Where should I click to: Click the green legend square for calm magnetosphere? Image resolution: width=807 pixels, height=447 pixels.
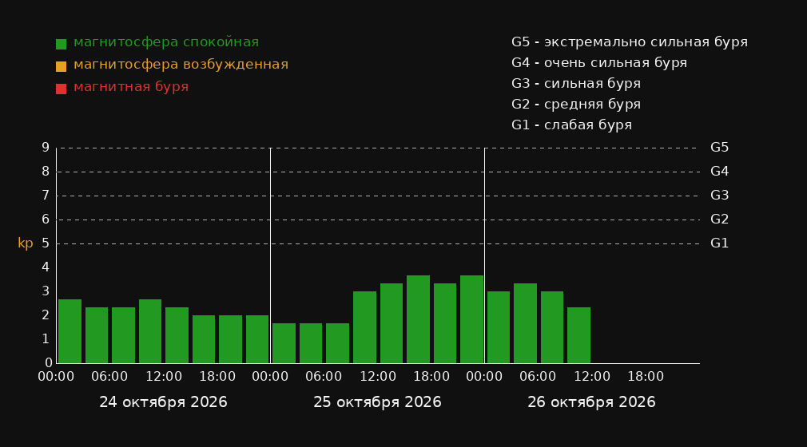[x=62, y=44]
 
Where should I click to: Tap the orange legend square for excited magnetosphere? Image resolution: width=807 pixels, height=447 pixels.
[x=62, y=66]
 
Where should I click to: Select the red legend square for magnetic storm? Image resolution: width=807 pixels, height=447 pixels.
[x=62, y=89]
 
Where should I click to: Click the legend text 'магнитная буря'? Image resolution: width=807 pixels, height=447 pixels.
[x=131, y=87]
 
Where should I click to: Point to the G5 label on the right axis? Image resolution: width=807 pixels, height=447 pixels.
[x=719, y=148]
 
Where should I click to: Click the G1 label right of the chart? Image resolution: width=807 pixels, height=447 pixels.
[x=719, y=243]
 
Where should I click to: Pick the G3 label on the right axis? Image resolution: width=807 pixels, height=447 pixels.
[x=719, y=196]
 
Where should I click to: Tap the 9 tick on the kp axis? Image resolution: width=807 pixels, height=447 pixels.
[x=46, y=148]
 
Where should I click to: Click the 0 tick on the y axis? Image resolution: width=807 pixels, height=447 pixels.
[x=49, y=363]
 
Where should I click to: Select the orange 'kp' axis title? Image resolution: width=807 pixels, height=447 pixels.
[x=26, y=243]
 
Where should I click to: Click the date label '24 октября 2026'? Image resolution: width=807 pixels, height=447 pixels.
[x=163, y=402]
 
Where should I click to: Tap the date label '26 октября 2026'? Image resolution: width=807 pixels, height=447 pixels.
[x=591, y=402]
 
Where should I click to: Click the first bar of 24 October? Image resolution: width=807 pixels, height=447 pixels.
[x=70, y=331]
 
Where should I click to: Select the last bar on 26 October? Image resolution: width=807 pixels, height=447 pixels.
[x=578, y=335]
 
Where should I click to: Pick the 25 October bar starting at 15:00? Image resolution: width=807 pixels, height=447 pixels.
[x=418, y=319]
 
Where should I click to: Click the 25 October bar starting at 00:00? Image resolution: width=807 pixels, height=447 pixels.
[x=284, y=343]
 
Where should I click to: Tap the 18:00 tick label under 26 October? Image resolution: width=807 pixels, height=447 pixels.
[x=646, y=377]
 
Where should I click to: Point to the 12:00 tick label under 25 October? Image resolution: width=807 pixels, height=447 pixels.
[x=378, y=377]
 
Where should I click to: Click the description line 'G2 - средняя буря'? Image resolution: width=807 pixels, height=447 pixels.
[x=576, y=105]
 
